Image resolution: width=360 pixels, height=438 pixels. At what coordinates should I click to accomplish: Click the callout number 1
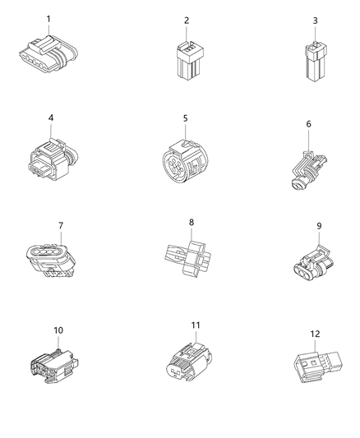tap(48, 19)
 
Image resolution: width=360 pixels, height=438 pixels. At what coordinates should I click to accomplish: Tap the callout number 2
tap(186, 20)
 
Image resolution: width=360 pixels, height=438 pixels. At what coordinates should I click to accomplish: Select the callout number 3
tap(315, 20)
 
